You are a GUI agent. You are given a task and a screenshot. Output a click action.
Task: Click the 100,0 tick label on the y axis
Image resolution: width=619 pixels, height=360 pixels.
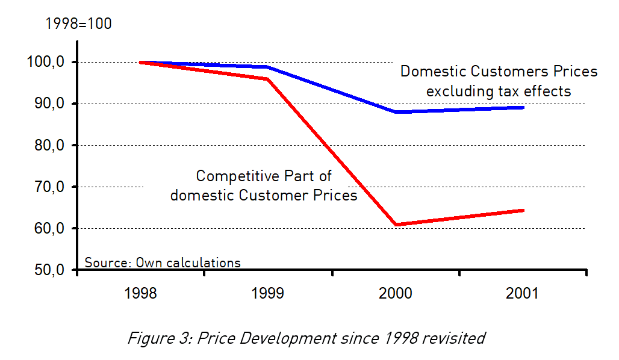[x=46, y=62]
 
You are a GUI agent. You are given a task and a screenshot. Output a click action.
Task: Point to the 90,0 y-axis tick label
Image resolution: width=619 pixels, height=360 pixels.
[x=49, y=104]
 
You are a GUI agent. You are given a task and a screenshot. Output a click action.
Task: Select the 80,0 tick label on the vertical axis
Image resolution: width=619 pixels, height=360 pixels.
[x=49, y=145]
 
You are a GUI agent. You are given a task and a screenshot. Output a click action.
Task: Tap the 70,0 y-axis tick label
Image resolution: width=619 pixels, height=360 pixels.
[x=49, y=187]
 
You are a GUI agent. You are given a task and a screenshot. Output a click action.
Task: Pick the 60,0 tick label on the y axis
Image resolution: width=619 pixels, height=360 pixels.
[x=49, y=228]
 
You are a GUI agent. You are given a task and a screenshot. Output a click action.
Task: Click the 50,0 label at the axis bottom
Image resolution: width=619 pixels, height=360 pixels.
[x=49, y=270]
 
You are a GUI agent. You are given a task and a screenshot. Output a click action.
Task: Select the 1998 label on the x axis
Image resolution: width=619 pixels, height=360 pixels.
[x=140, y=294]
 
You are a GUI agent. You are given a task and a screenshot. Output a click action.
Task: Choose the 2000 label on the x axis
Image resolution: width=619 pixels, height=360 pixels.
[x=395, y=294]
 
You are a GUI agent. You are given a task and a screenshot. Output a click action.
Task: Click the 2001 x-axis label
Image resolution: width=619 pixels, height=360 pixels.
[x=523, y=294]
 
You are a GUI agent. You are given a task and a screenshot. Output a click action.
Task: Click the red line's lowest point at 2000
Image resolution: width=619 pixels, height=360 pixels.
[x=396, y=225]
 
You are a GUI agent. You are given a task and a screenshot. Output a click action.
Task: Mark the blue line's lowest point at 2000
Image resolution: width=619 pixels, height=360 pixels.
[x=396, y=112]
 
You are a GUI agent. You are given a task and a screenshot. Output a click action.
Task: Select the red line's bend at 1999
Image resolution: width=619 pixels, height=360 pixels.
[x=267, y=79]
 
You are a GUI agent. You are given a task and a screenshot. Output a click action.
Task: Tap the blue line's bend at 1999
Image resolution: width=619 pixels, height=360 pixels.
[x=267, y=67]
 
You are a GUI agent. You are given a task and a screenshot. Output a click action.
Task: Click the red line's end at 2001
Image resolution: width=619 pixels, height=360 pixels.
[x=523, y=210]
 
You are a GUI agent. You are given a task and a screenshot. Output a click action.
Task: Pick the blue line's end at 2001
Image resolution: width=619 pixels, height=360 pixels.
[x=523, y=107]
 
